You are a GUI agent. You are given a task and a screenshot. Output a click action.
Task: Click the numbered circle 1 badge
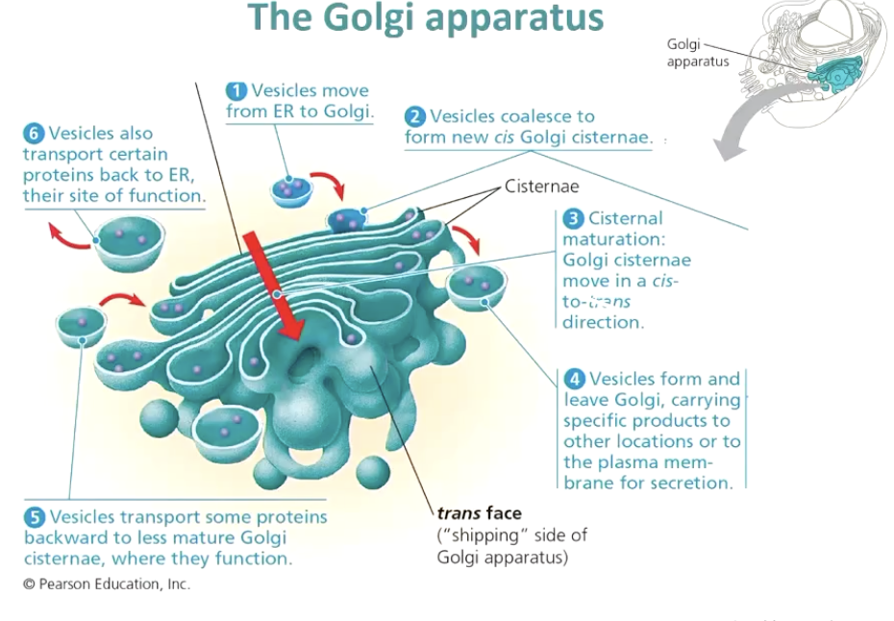point(236,89)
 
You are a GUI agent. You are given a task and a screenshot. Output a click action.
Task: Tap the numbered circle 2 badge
point(415,116)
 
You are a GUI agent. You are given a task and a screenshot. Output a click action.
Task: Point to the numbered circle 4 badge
point(574,379)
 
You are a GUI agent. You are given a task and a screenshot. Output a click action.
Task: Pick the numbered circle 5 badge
point(35,517)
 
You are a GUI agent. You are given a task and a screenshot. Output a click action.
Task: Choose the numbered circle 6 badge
point(34,133)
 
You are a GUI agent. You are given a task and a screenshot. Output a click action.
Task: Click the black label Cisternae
point(542,186)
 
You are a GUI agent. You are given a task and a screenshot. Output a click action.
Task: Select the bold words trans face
point(479,513)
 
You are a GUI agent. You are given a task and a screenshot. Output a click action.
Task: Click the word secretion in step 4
point(693,483)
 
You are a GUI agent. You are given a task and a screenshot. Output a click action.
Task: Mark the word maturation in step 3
point(608,239)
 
